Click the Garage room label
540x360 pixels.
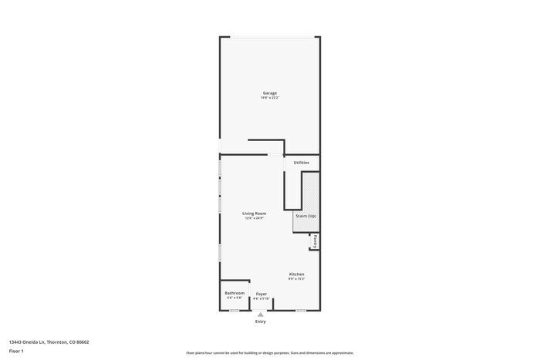(269, 93)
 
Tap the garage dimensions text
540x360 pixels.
(269, 98)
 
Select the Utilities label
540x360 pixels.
(301, 163)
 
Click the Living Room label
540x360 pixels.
(254, 214)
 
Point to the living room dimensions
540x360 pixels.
(254, 218)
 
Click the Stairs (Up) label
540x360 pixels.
(305, 216)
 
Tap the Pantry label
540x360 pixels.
(315, 241)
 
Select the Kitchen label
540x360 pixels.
(297, 274)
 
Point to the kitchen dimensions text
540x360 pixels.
(297, 279)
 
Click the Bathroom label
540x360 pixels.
(235, 293)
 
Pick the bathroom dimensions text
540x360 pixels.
(235, 298)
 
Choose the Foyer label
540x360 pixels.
(262, 294)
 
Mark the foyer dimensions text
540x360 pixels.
(262, 298)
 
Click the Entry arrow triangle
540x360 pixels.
(261, 315)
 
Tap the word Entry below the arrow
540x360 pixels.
(261, 321)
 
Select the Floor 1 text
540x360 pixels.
(16, 351)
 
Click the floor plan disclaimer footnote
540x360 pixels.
(269, 352)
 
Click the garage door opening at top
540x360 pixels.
(270, 36)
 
